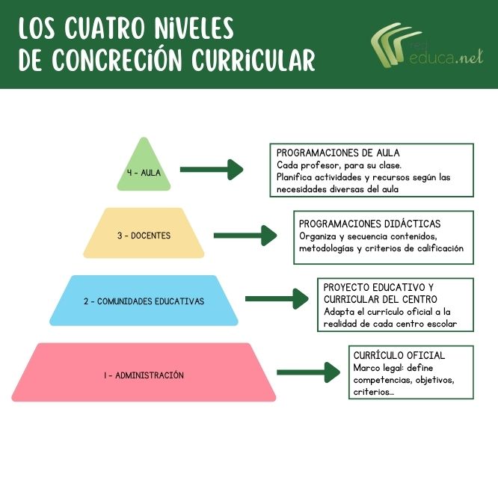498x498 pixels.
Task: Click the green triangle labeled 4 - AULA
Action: click(144, 169)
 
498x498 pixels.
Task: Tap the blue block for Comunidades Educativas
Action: click(143, 301)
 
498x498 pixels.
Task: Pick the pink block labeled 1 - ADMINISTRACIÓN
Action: click(144, 373)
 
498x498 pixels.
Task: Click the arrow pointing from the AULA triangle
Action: click(212, 170)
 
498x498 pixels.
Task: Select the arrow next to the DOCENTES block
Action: click(245, 236)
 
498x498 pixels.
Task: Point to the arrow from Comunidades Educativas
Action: click(276, 299)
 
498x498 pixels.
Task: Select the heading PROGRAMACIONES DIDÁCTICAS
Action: click(369, 224)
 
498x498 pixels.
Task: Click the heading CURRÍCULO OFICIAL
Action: click(398, 355)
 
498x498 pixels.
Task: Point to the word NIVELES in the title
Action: click(197, 28)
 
